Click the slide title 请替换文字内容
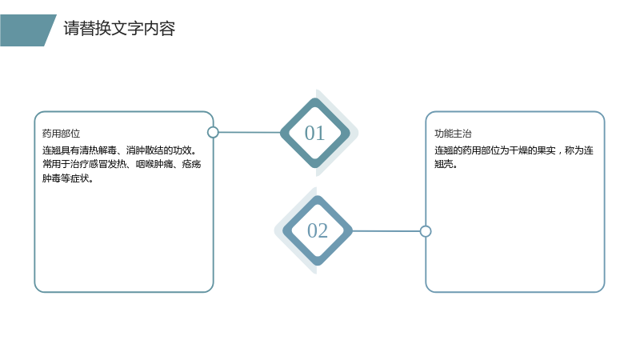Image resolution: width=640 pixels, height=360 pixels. coord(119,29)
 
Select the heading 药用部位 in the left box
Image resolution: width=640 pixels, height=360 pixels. coord(62,134)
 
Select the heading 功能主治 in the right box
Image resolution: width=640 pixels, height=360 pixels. coord(453,134)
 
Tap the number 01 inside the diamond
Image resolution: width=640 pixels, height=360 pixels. coord(314,133)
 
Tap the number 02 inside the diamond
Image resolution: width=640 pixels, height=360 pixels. coord(318,230)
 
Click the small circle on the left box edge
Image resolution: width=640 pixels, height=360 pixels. coord(213,132)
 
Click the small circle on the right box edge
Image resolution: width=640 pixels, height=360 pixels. coord(426,231)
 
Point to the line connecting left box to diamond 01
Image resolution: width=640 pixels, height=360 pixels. coord(250,132)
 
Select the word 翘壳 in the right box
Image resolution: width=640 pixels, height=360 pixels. coord(444,164)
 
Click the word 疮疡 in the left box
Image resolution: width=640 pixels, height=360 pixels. coord(191,164)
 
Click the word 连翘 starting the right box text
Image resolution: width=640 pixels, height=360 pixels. coord(444,150)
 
